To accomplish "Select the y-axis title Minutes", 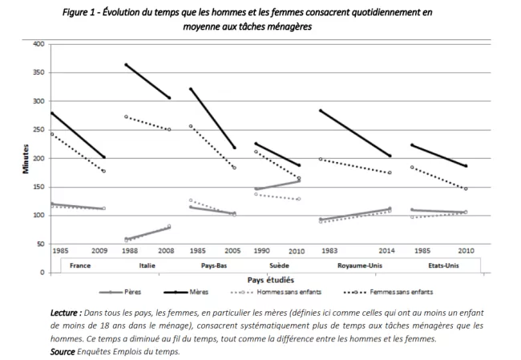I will pos(26,157).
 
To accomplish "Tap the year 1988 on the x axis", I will pos(129,250).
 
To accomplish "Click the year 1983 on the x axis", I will pos(329,250).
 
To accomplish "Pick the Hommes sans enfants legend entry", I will pos(281,293).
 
